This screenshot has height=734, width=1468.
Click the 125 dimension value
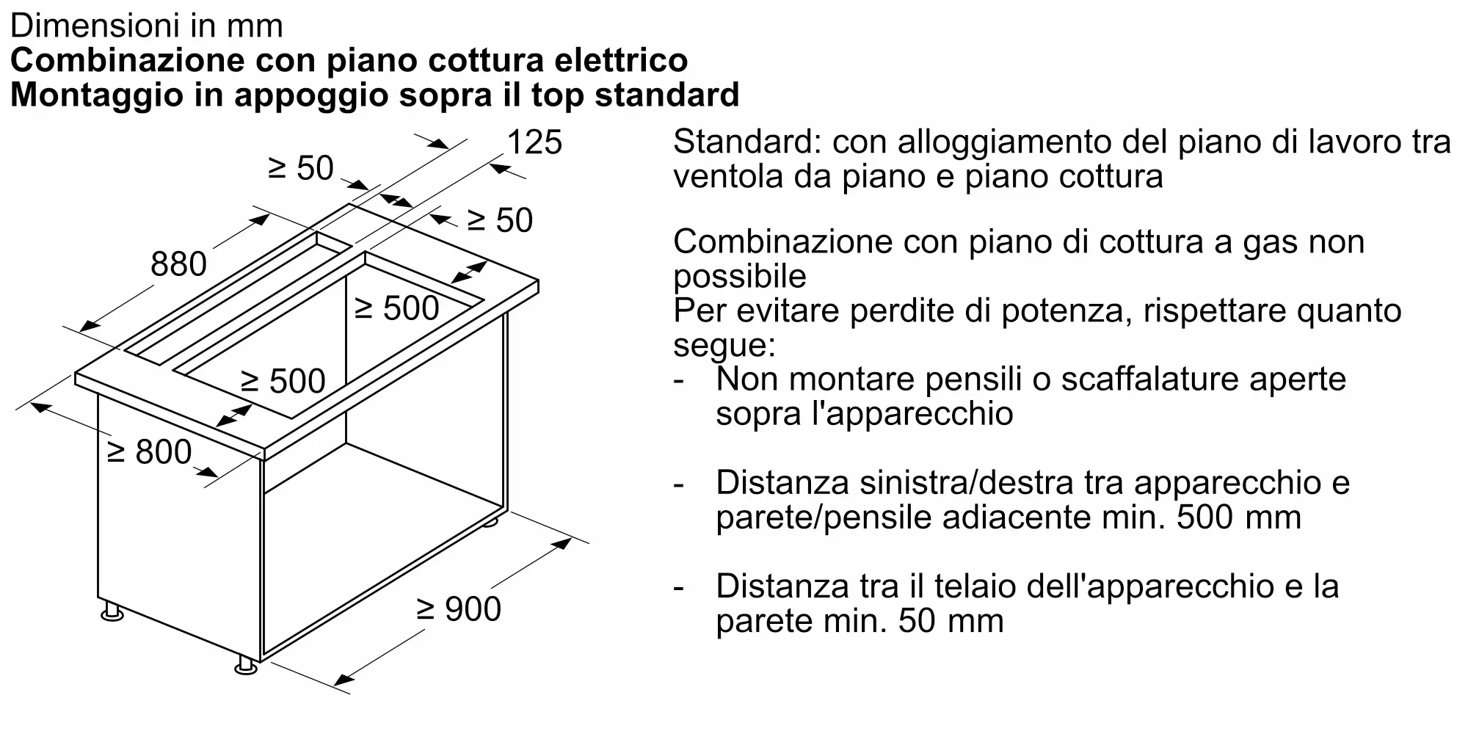tap(534, 142)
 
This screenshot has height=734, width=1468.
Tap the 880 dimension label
tap(179, 264)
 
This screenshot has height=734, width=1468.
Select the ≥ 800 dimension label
tap(150, 451)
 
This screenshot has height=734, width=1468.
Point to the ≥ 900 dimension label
tap(459, 609)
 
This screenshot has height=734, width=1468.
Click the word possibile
tap(740, 277)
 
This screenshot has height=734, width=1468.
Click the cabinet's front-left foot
tap(112, 611)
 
